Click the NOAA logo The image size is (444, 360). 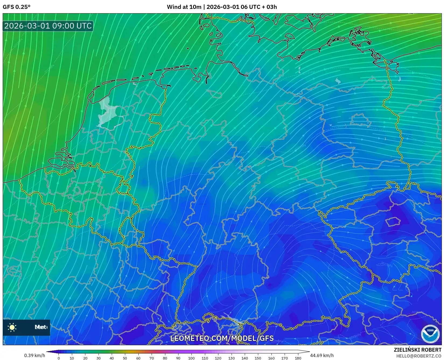[430, 334]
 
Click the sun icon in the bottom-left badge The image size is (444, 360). [12, 327]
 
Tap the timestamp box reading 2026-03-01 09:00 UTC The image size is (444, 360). [48, 26]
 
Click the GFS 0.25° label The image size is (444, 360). [16, 7]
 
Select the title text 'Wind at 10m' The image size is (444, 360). [184, 7]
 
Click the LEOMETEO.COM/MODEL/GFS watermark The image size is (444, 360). [222, 338]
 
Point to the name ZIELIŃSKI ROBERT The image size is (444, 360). [417, 350]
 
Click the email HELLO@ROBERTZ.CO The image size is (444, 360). [418, 356]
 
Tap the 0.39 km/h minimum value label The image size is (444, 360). [35, 355]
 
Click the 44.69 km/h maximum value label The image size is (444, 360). [322, 355]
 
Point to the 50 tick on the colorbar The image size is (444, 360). [125, 358]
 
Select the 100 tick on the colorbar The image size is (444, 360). [191, 358]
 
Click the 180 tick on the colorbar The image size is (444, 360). [298, 358]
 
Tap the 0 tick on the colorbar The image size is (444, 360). [59, 358]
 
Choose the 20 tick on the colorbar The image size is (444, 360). [85, 358]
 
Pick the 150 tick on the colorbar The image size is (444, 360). [258, 358]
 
